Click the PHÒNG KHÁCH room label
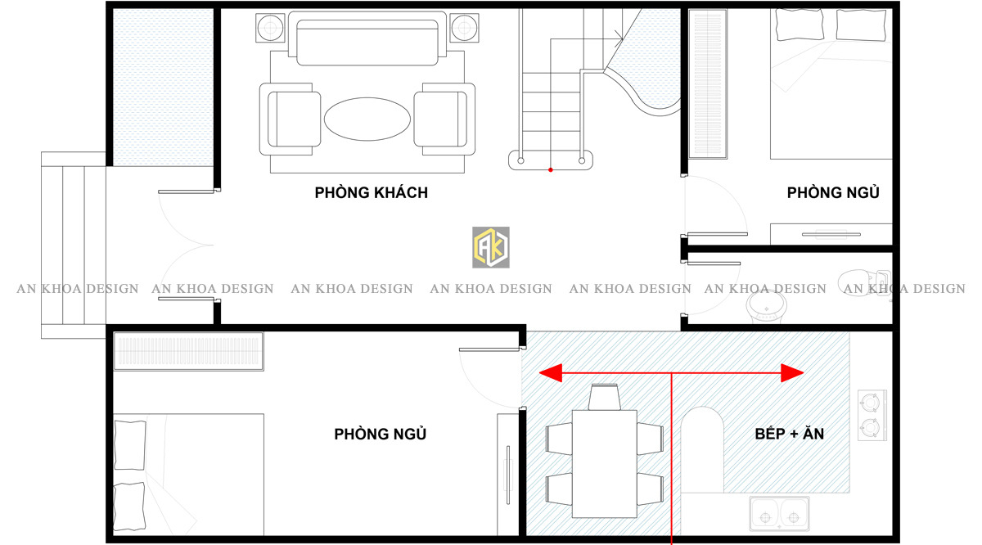click(371, 192)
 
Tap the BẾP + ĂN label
click(789, 434)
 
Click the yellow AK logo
click(490, 247)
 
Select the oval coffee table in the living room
click(367, 119)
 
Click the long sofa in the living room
click(367, 38)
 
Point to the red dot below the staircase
click(551, 169)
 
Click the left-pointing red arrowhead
click(551, 373)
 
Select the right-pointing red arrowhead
click(792, 373)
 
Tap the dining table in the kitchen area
click(605, 463)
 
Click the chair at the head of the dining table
click(605, 397)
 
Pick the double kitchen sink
click(779, 514)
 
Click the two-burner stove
click(872, 415)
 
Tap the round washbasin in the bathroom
click(766, 307)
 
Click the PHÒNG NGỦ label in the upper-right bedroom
click(833, 192)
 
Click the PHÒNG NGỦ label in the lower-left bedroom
click(380, 434)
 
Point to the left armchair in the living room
click(290, 119)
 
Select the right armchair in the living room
click(444, 119)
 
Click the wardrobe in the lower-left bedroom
click(188, 351)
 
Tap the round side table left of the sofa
click(270, 28)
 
